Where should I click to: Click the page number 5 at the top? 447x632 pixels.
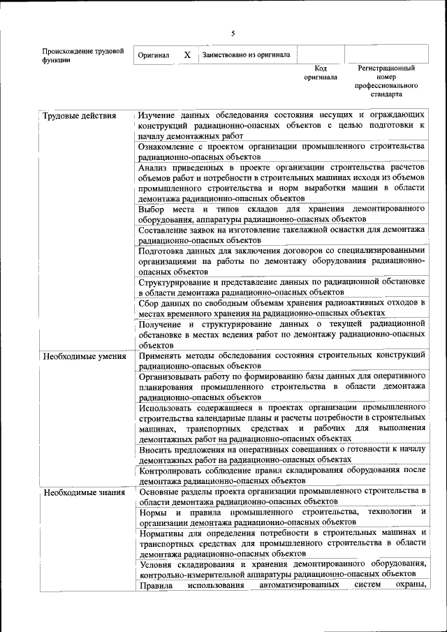(233, 33)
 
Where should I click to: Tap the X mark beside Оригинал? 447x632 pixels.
(187, 54)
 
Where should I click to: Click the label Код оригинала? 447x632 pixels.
(321, 73)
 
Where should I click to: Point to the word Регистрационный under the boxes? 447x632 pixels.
(386, 68)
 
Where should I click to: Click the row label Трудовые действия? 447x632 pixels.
(79, 115)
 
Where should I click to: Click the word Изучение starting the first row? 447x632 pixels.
(158, 115)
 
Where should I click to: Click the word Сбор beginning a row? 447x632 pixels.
(149, 302)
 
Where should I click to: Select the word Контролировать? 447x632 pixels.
(173, 470)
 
